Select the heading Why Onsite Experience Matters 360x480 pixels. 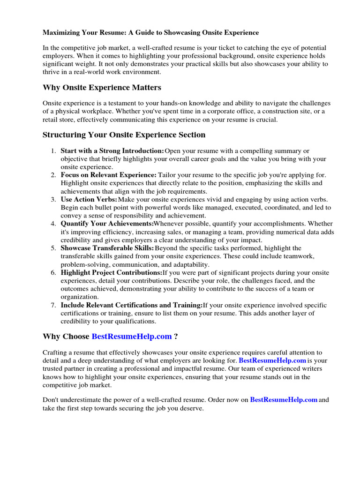click(102, 87)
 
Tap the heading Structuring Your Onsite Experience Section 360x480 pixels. click(124, 135)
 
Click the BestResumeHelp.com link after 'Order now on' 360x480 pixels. click(284, 400)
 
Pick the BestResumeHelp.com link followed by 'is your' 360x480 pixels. click(272, 360)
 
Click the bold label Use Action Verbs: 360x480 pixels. click(89, 200)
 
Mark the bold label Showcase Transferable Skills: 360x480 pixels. click(107, 248)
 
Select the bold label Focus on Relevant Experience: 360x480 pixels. click(108, 175)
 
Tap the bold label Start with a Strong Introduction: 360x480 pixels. click(112, 151)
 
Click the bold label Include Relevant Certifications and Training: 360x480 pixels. click(132, 305)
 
